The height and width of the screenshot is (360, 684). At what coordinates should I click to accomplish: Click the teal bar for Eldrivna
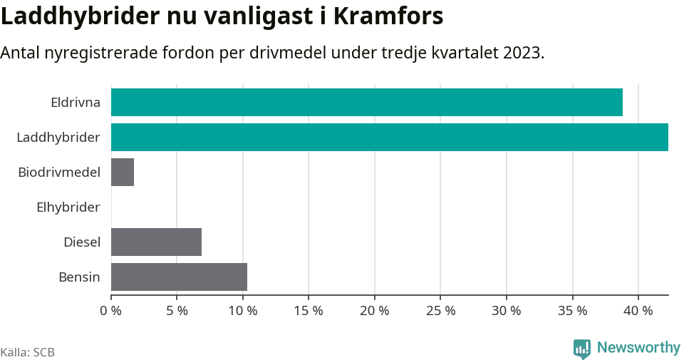click(367, 102)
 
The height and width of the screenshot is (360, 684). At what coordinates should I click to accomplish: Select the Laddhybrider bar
click(390, 137)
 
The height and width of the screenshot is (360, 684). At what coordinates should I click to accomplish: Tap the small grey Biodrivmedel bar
click(123, 172)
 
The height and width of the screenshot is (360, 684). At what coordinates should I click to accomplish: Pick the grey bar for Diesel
click(156, 242)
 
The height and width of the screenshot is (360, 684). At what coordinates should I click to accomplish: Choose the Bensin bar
click(179, 277)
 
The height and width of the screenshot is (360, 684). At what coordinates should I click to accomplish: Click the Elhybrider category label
click(68, 207)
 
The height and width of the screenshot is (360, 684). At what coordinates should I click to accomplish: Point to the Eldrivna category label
click(75, 102)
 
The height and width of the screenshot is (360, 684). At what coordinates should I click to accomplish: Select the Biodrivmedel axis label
click(58, 172)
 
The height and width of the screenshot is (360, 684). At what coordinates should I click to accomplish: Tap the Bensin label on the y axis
click(79, 277)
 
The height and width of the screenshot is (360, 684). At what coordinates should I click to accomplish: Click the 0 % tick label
click(110, 311)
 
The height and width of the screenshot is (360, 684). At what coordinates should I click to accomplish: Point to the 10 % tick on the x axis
click(242, 311)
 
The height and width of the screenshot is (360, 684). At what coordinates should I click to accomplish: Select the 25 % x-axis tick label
click(440, 311)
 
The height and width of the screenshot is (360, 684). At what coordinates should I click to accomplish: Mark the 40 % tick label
click(638, 311)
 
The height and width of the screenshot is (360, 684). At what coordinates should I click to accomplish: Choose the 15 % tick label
click(309, 311)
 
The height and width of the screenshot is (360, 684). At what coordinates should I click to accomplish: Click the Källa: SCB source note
click(28, 352)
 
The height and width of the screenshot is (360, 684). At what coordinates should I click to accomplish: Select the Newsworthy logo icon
click(582, 349)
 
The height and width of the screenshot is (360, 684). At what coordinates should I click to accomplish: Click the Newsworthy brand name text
click(638, 348)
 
